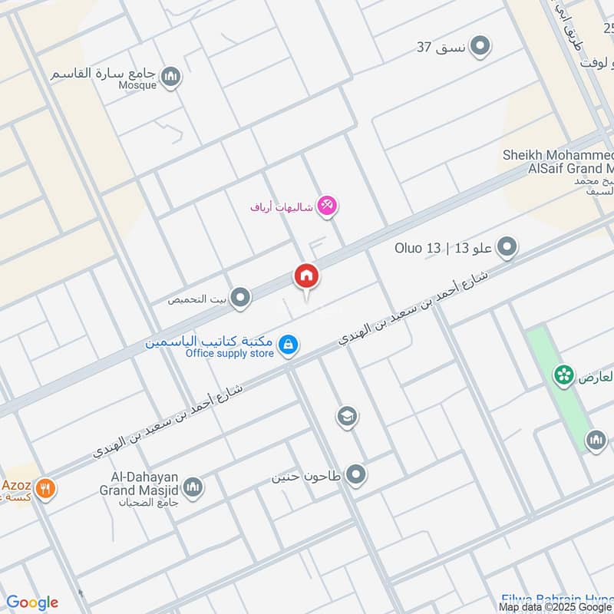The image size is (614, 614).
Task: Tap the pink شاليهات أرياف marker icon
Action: coord(327,206)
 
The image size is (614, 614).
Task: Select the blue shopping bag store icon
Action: coord(289,345)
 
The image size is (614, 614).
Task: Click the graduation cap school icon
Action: coord(347,417)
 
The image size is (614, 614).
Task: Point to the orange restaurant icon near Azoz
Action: coord(45,488)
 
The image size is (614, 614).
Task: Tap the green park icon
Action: coord(565,375)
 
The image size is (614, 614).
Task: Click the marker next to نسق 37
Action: coord(480,47)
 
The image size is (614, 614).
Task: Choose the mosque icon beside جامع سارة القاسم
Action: coord(171,76)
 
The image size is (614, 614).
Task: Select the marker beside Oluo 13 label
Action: coord(507,248)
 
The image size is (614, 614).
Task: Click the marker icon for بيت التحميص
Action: coord(241,299)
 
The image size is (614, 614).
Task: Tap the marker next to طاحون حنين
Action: coord(355,476)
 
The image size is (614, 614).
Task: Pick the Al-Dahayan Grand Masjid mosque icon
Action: coord(193,487)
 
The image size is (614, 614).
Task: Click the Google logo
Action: coord(32,602)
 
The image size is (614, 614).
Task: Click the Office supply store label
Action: coord(229,354)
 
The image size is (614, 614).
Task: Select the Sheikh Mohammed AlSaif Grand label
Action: coord(559,161)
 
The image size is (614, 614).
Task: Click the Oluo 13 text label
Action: coord(418,248)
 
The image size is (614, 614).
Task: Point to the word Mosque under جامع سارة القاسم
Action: coord(139,85)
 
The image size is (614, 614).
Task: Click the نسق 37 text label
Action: coord(441,47)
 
